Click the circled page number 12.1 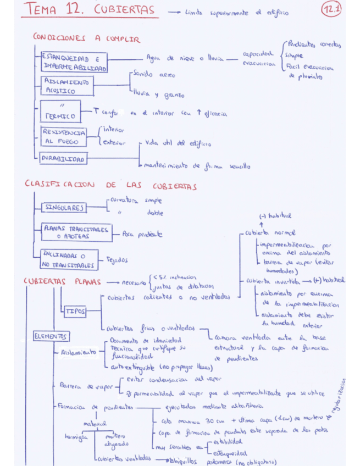(332, 10)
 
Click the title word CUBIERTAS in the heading (124, 10)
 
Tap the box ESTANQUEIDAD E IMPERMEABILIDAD (74, 62)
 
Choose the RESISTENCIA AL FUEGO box (64, 137)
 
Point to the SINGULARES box (64, 208)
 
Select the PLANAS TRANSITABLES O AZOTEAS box (76, 232)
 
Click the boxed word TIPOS (76, 311)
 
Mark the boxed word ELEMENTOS (51, 336)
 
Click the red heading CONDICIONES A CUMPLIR (86, 39)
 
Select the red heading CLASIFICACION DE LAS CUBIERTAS (110, 186)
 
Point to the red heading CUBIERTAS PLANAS (62, 282)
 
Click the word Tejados (117, 260)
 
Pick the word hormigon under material (76, 437)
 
